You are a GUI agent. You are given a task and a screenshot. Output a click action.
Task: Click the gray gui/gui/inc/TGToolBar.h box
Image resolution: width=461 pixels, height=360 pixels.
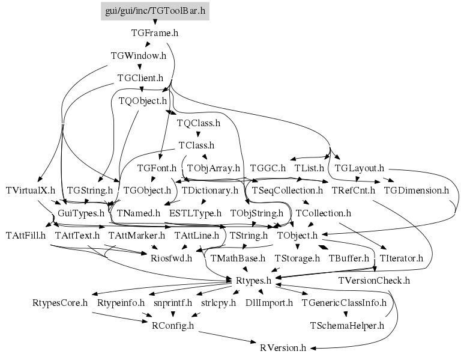(155, 11)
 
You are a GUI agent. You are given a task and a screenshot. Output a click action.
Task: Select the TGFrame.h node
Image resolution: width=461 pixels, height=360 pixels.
(155, 33)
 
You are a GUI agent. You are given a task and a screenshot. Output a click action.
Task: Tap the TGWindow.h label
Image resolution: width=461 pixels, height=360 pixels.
(139, 55)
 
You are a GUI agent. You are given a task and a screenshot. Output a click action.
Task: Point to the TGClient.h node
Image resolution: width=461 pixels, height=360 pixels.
(140, 78)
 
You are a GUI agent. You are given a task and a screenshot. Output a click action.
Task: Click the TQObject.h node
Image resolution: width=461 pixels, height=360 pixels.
(142, 100)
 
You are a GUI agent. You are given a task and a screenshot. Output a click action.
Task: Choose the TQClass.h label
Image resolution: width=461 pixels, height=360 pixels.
(199, 123)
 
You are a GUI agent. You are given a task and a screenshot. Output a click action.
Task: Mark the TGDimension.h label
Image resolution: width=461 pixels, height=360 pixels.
(416, 190)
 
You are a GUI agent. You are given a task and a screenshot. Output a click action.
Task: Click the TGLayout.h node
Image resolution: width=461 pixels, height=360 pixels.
(359, 168)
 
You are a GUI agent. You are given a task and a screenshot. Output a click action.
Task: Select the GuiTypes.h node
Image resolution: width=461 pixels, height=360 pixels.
(81, 213)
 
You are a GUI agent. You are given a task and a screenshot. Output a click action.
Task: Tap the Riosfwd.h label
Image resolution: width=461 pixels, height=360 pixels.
(171, 258)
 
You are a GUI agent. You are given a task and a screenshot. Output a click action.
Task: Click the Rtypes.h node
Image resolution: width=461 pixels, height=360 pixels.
(252, 280)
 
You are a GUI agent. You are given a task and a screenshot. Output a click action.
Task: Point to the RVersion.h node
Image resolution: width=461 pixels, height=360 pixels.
(283, 347)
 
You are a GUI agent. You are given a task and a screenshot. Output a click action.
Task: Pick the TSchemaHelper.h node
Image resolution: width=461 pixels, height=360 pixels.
(346, 325)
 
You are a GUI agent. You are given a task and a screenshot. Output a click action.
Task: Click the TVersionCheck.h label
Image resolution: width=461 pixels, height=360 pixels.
(373, 280)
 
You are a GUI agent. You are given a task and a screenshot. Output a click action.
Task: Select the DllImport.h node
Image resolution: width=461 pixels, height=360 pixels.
(269, 302)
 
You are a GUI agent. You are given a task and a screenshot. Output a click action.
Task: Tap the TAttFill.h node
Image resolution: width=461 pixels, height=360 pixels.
(26, 235)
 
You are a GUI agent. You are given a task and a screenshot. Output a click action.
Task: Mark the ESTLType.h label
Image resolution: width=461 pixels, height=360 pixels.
(195, 213)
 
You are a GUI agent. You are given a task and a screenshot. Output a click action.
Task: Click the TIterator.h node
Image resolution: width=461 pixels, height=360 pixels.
(402, 258)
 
